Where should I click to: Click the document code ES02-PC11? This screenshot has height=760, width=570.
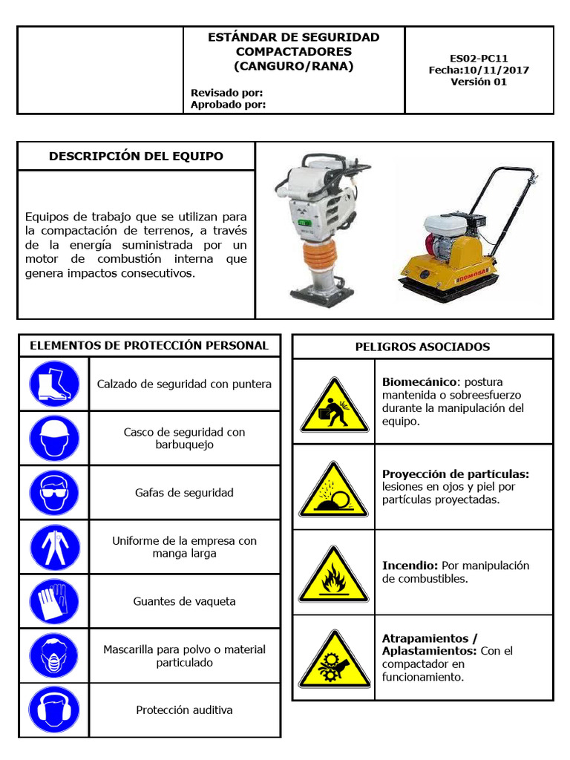479,57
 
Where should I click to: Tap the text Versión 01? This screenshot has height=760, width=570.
479,82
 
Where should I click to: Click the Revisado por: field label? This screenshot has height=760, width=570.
227,93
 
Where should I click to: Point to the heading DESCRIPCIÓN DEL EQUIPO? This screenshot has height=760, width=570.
136,156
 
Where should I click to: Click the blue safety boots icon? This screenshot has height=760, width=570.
53,384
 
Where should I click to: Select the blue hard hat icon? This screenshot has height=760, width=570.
53,438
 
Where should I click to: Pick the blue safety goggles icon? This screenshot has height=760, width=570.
53,492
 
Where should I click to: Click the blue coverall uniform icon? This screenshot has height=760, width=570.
53,547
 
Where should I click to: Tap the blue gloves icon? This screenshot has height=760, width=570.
53,601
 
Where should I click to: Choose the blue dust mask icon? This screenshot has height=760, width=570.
53,655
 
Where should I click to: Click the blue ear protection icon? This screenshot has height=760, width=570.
53,710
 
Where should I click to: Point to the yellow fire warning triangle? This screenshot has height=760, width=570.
334,577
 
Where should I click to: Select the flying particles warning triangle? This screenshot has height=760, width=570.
334,493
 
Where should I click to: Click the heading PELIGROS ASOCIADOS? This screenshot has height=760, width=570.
422,347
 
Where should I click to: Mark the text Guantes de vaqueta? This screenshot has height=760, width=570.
184,601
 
